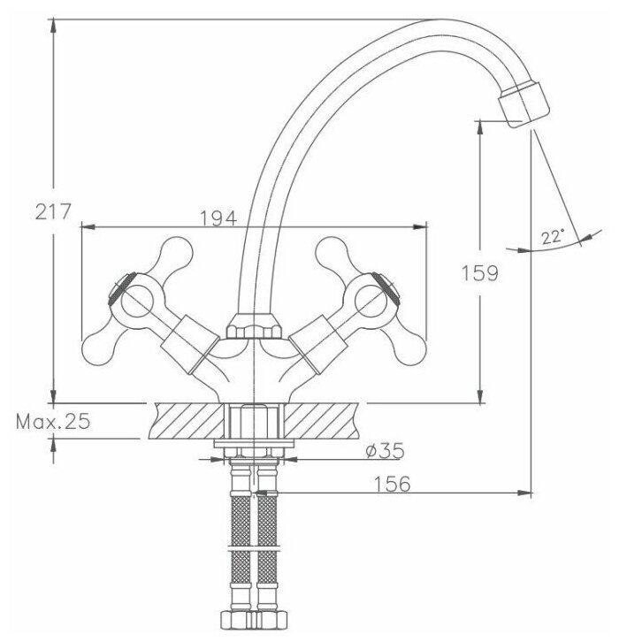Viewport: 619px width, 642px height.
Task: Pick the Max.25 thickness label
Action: pos(53,422)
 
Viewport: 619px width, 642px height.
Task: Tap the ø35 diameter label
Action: pos(383,451)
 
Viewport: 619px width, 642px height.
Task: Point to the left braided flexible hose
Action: pos(240,548)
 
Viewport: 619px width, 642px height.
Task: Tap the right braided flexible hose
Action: pos(267,548)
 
